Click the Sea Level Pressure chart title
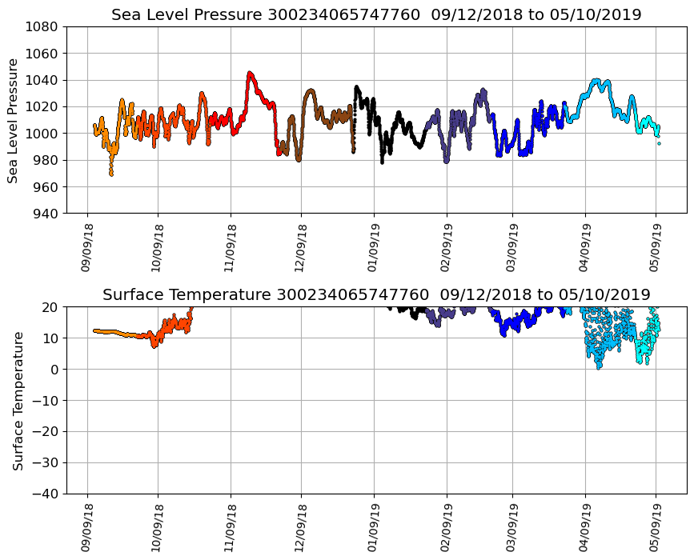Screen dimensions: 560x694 pos(376,15)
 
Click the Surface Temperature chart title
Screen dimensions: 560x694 pos(376,295)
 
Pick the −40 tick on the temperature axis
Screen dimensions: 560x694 pos(47,494)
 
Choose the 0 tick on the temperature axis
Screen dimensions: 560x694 pos(55,370)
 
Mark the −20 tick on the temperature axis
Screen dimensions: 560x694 pos(47,432)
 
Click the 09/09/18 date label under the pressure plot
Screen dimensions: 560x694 pos(86,248)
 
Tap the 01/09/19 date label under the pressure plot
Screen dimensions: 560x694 pos(374,248)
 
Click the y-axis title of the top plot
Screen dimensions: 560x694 pos(14,120)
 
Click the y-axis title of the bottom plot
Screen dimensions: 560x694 pos(18,400)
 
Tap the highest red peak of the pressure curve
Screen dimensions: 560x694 pos(250,73)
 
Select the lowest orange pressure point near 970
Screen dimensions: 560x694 pos(111,174)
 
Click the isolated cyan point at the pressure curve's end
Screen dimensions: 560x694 pos(659,143)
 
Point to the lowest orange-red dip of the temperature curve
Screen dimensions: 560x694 pos(155,346)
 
